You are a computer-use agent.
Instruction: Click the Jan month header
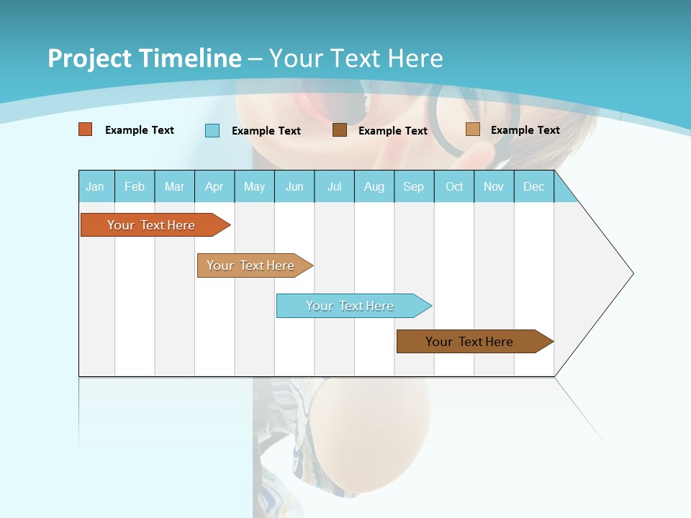point(95,186)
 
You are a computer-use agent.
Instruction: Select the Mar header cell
point(174,186)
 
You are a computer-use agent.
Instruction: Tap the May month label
point(254,186)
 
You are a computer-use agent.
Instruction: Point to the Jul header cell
point(334,186)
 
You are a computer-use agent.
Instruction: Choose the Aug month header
point(374,186)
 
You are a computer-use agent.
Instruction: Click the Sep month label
point(413,186)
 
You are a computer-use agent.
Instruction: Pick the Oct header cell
point(454,186)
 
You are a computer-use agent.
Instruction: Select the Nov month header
point(493,186)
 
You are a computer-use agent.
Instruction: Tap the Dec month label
point(533,186)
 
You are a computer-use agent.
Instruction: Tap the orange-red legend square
point(86,129)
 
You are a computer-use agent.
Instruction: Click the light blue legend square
point(212,130)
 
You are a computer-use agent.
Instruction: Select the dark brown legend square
point(340,130)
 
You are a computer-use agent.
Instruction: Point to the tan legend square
point(472,129)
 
